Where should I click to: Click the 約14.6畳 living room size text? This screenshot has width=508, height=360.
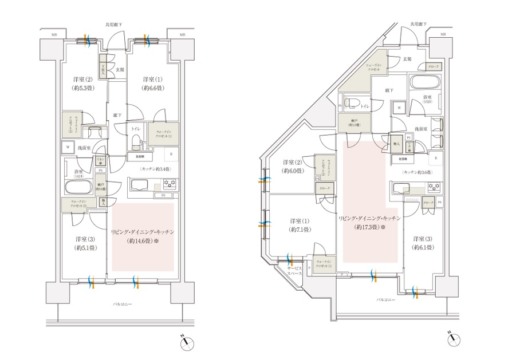(144, 242)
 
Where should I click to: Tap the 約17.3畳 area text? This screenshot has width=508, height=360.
(367, 227)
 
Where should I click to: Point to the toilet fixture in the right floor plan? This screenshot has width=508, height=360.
(354, 104)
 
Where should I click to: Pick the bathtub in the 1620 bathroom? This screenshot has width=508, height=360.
(424, 81)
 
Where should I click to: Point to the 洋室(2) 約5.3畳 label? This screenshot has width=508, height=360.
(83, 84)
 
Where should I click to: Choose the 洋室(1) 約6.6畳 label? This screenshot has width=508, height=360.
(152, 84)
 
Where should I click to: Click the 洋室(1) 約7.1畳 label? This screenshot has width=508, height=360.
(300, 225)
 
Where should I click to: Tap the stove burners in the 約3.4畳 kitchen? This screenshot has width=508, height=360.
(170, 184)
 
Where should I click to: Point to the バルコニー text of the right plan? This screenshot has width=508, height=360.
(387, 300)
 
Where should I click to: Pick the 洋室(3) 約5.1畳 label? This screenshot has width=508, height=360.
(83, 243)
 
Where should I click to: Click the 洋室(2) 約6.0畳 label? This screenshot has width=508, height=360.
(292, 167)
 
